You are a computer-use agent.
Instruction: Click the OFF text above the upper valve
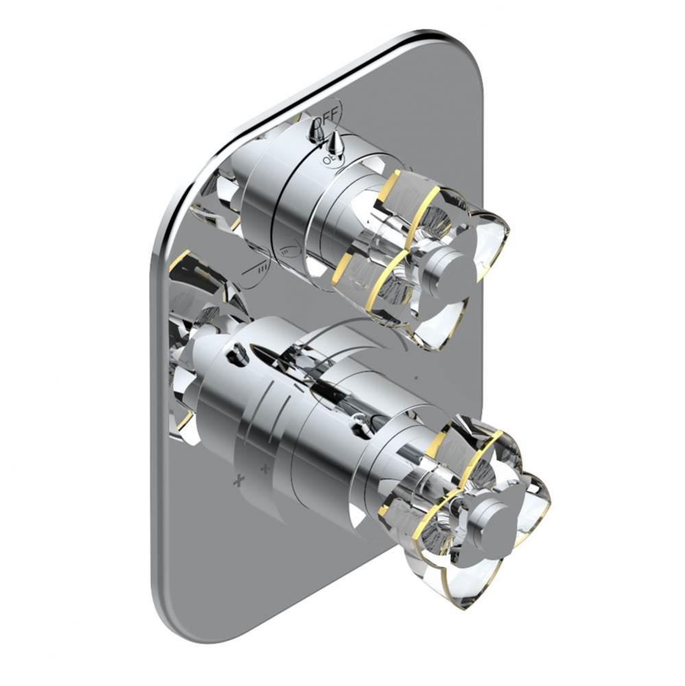pos(326,113)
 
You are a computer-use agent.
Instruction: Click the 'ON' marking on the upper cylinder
pos(327,158)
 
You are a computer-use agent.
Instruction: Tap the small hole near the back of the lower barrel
pos(239,354)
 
